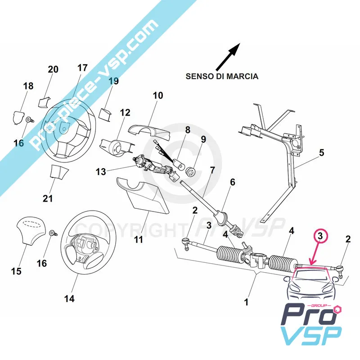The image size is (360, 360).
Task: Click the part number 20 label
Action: [53, 69]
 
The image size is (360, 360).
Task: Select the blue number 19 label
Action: [113, 81]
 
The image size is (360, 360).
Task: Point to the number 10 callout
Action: [157, 95]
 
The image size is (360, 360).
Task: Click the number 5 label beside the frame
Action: [321, 153]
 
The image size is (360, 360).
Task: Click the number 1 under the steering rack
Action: [246, 302]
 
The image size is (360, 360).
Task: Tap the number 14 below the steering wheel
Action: [69, 298]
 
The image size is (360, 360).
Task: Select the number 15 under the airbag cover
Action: [16, 271]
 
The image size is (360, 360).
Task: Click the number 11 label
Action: [139, 240]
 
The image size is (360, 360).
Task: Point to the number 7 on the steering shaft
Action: [212, 171]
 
